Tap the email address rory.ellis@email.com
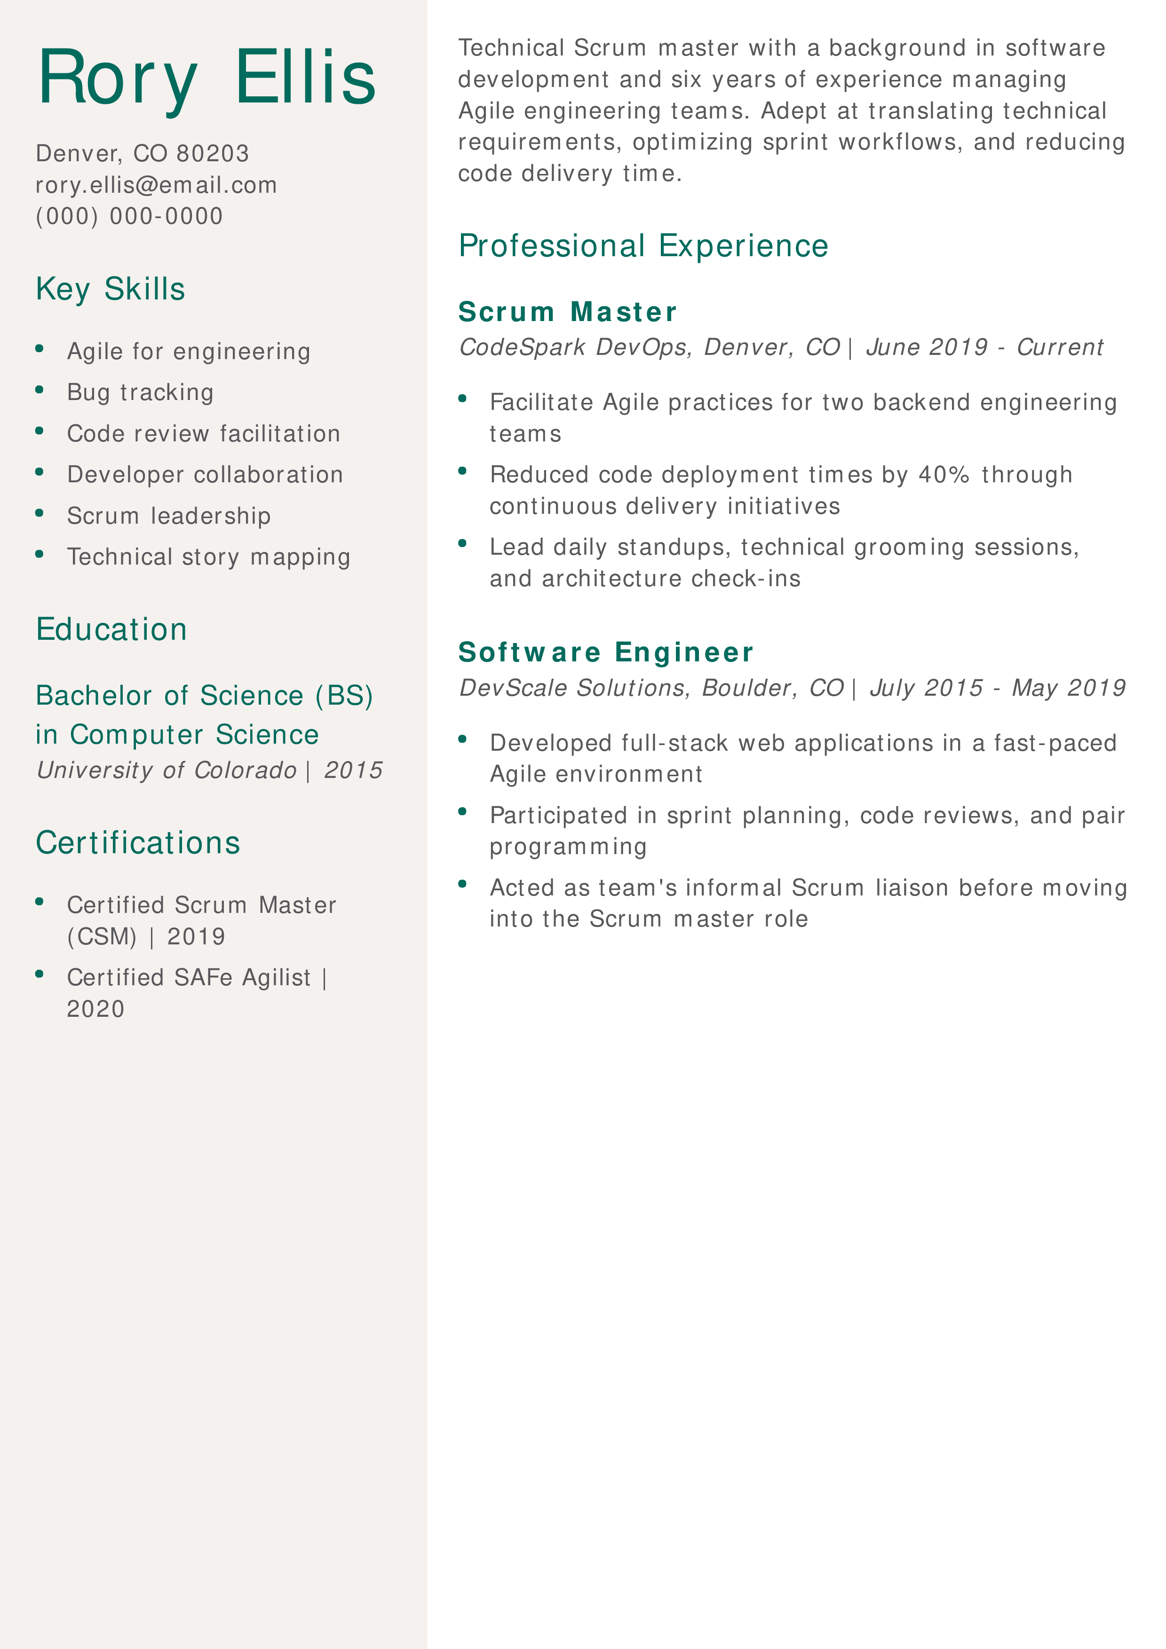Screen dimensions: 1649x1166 click(x=156, y=185)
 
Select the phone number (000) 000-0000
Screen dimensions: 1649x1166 click(x=129, y=216)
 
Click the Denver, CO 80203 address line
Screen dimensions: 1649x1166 click(x=142, y=153)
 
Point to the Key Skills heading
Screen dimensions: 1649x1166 click(x=111, y=289)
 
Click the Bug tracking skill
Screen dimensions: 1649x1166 click(x=140, y=392)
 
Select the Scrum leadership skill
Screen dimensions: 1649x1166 click(x=169, y=516)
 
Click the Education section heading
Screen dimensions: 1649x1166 click(x=111, y=629)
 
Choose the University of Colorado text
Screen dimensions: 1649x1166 click(x=166, y=770)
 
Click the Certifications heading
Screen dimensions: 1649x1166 click(x=138, y=842)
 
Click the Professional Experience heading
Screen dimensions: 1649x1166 click(x=643, y=246)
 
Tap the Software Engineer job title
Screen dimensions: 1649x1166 click(x=606, y=652)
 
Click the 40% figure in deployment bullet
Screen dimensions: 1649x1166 click(x=944, y=475)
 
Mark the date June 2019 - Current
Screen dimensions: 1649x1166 click(x=984, y=347)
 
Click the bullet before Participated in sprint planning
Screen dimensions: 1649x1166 click(x=463, y=812)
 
